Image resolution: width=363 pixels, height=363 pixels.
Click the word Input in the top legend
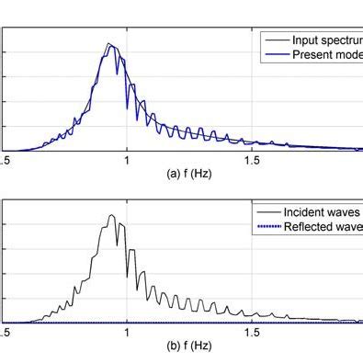pos(306,40)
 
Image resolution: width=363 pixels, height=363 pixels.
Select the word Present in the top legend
pos(314,55)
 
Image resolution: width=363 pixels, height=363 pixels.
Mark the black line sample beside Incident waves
pos(268,211)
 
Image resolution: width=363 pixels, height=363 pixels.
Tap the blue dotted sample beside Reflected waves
pos(268,226)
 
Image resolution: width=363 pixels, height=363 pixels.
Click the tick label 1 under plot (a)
pos(127,160)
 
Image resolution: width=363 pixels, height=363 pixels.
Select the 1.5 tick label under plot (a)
pos(251,160)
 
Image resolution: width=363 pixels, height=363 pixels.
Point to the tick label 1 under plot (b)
pos(127,333)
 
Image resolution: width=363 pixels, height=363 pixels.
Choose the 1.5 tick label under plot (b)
pos(251,333)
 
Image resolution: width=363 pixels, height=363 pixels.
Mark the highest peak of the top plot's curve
pos(108,44)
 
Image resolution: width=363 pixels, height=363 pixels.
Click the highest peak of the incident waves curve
pos(110,216)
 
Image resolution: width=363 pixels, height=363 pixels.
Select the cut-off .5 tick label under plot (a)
pos(5,160)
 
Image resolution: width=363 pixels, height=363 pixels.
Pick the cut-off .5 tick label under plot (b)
pos(5,333)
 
